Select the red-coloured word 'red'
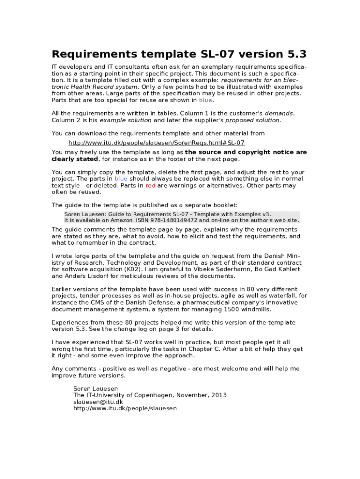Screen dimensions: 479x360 150,185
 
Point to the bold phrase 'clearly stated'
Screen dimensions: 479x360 74,159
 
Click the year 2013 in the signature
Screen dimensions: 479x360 219,395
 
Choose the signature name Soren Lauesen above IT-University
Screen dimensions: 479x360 95,388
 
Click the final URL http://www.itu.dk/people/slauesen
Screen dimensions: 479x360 125,408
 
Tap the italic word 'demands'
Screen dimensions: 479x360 279,113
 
